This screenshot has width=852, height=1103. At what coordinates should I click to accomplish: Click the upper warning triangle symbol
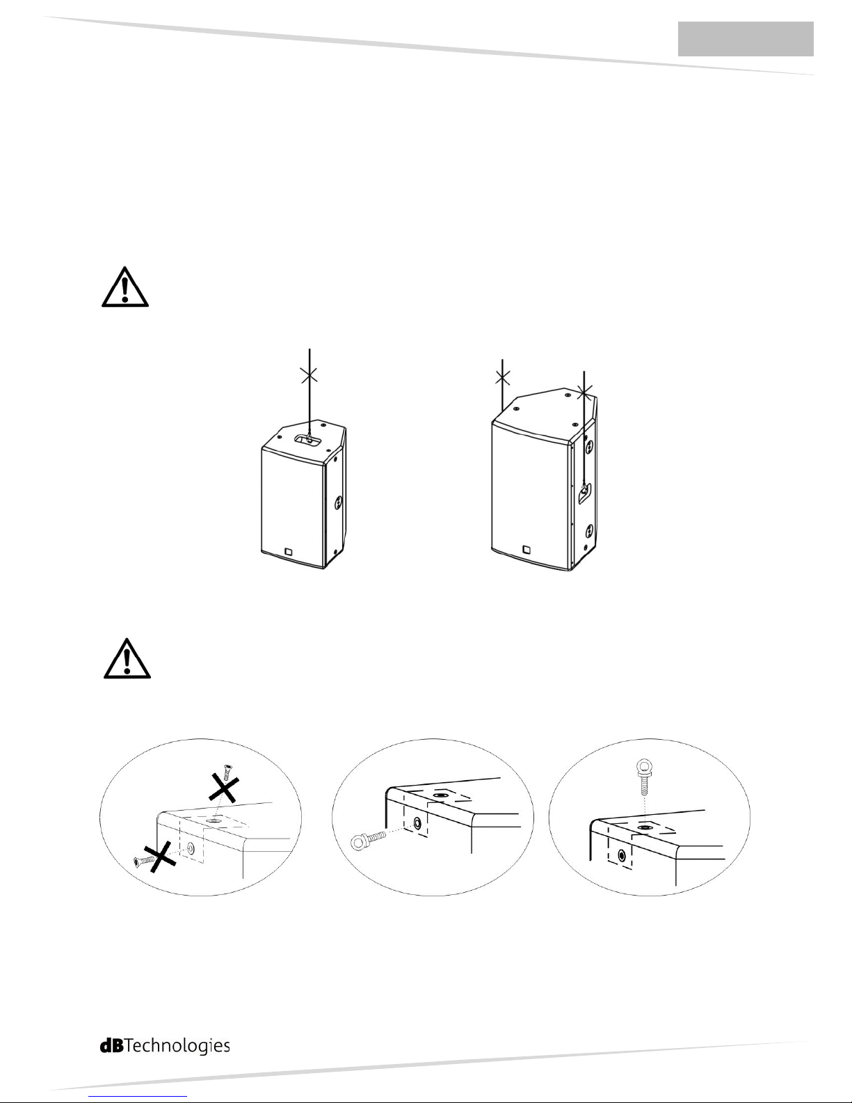pyautogui.click(x=124, y=287)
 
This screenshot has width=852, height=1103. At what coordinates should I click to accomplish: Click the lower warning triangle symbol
pyautogui.click(x=127, y=659)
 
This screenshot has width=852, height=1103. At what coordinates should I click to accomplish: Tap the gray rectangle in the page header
pyautogui.click(x=746, y=38)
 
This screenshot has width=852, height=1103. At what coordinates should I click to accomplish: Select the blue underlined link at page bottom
pyautogui.click(x=141, y=1097)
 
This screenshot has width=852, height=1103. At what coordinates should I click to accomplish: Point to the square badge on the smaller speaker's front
pyautogui.click(x=289, y=552)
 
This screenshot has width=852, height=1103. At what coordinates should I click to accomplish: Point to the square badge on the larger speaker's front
pyautogui.click(x=527, y=549)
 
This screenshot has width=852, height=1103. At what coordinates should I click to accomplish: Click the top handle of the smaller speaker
pyautogui.click(x=310, y=440)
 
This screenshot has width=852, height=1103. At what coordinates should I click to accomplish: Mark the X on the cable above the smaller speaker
pyautogui.click(x=310, y=376)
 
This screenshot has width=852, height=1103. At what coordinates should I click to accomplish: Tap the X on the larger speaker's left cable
pyautogui.click(x=503, y=377)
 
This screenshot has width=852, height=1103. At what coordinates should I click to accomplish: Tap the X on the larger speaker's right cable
pyautogui.click(x=585, y=392)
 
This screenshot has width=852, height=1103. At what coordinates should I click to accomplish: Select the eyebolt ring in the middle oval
pyautogui.click(x=360, y=843)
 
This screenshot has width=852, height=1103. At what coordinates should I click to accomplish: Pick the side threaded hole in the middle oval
pyautogui.click(x=417, y=823)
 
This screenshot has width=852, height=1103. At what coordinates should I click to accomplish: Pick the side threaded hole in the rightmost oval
pyautogui.click(x=622, y=857)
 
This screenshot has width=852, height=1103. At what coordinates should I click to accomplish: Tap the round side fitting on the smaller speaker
pyautogui.click(x=338, y=504)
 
